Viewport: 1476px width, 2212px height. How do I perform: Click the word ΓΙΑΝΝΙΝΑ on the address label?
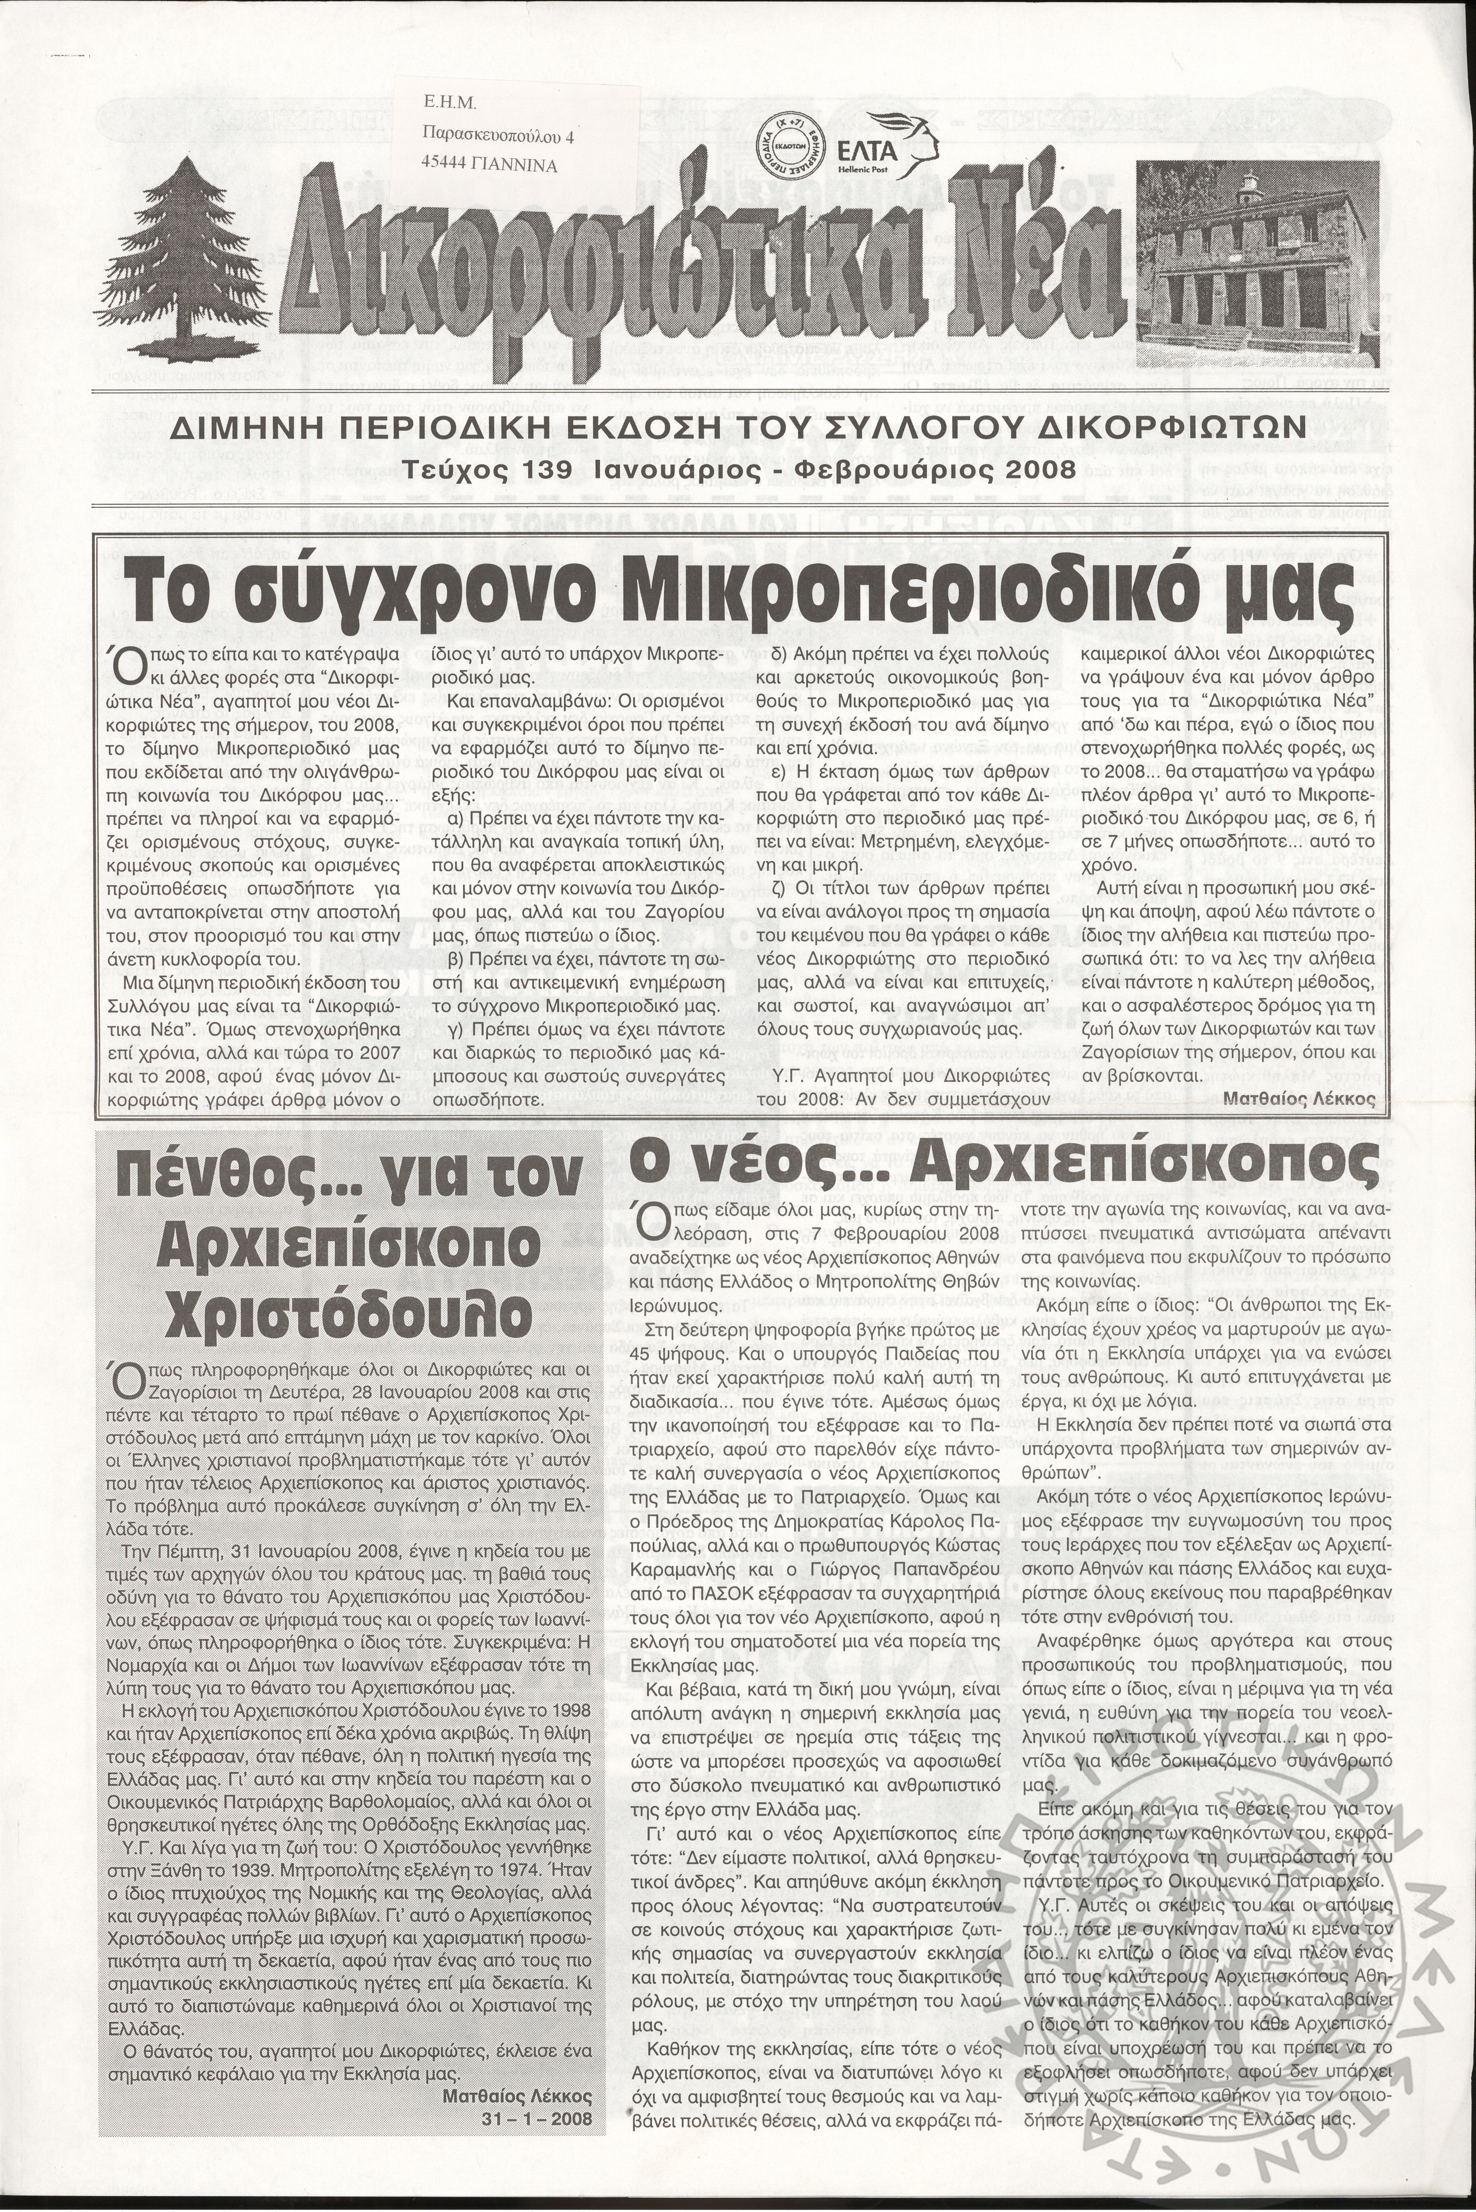[x=516, y=166]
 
